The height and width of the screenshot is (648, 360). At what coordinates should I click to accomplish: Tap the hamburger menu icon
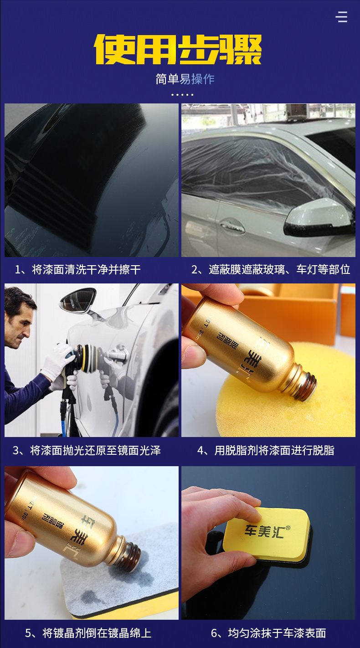[x=341, y=17]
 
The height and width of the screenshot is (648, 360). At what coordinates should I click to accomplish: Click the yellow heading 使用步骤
[x=178, y=49]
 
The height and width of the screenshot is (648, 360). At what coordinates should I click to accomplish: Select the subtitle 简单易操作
[x=185, y=79]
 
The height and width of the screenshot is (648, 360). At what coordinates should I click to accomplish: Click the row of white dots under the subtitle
[x=182, y=95]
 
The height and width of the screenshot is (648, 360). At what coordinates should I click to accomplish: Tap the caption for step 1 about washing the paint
[x=78, y=270]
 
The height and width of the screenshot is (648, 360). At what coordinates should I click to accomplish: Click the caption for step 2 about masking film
[x=271, y=270]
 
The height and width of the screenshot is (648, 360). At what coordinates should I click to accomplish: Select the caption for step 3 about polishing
[x=87, y=450]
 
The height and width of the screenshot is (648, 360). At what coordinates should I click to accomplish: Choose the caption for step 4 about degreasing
[x=266, y=450]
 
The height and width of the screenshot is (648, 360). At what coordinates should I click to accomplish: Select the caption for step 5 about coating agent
[x=88, y=633]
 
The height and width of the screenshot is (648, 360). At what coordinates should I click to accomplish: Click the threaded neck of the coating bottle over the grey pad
[x=129, y=553]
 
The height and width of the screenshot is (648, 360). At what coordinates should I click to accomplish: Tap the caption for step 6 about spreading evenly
[x=268, y=633]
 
